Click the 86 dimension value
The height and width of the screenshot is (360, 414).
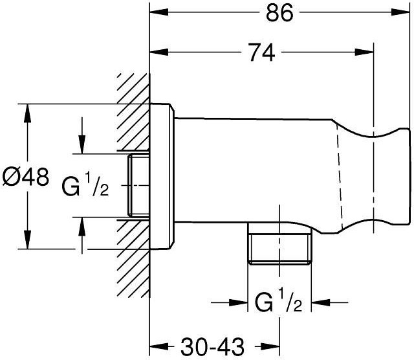pyautogui.click(x=279, y=13)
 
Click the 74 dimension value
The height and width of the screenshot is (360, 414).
pyautogui.click(x=262, y=52)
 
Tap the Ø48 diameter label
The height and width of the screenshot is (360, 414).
pyautogui.click(x=26, y=177)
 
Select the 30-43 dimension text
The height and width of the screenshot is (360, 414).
pyautogui.click(x=213, y=346)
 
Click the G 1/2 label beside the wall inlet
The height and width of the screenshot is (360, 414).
pyautogui.click(x=85, y=186)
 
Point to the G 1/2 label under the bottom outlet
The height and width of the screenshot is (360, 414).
pyautogui.click(x=279, y=302)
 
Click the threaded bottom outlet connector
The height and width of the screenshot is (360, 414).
pyautogui.click(x=280, y=243)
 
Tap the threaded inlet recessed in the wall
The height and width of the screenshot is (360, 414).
pyautogui.click(x=138, y=185)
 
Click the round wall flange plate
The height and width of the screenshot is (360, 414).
pyautogui.click(x=162, y=176)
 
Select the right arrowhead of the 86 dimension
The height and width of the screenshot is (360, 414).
pyautogui.click(x=400, y=12)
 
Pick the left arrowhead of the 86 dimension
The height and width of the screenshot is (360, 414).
pyautogui.click(x=159, y=12)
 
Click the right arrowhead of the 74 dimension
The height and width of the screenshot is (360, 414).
pyautogui.click(x=365, y=52)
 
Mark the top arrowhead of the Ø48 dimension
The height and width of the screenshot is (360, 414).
pyautogui.click(x=27, y=113)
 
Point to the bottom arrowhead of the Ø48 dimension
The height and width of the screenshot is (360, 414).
pyautogui.click(x=27, y=240)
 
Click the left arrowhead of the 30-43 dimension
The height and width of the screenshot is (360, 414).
pyautogui.click(x=159, y=346)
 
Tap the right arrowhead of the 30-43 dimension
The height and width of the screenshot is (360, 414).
pyautogui.click(x=270, y=346)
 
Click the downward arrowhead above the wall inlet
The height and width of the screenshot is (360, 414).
pyautogui.click(x=82, y=144)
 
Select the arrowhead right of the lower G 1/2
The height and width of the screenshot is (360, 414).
pyautogui.click(x=321, y=302)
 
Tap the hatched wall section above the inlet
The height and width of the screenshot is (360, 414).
pyautogui.click(x=133, y=112)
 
